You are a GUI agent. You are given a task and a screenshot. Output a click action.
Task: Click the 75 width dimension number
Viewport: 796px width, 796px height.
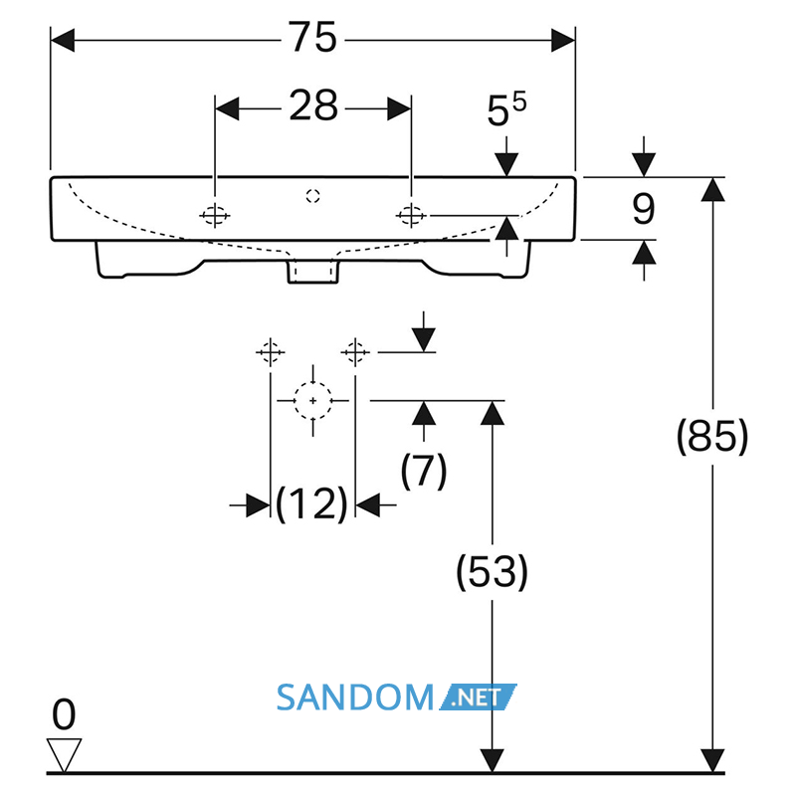pyautogui.click(x=312, y=37)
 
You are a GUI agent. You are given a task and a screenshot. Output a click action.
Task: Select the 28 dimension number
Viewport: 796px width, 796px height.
pyautogui.click(x=313, y=105)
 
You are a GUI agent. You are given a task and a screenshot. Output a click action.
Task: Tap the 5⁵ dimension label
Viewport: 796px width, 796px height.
pyautogui.click(x=506, y=109)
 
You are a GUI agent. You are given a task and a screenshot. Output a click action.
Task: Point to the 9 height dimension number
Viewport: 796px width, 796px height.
pyautogui.click(x=644, y=209)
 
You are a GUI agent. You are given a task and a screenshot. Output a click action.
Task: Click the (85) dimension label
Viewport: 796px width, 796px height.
pyautogui.click(x=712, y=436)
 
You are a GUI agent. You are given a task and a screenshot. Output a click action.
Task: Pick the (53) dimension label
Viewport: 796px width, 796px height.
pyautogui.click(x=492, y=572)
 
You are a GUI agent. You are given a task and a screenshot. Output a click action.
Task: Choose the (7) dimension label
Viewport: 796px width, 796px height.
pyautogui.click(x=424, y=471)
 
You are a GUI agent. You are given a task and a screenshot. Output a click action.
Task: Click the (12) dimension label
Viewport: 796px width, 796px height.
pyautogui.click(x=311, y=504)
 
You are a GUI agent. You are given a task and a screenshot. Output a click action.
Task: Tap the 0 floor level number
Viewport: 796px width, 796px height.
pyautogui.click(x=64, y=714)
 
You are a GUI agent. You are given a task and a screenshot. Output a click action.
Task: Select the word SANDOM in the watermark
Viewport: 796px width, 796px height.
pyautogui.click(x=355, y=697)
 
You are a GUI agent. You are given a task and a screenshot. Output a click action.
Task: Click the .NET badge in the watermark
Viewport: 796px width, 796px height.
pyautogui.click(x=478, y=697)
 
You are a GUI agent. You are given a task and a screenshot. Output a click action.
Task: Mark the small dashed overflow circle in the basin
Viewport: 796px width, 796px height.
pyautogui.click(x=313, y=196)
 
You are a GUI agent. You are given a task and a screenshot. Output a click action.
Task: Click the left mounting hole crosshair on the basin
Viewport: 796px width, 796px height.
pyautogui.click(x=215, y=216)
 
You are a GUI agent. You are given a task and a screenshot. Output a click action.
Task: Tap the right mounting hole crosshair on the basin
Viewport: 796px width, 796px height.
pyautogui.click(x=411, y=216)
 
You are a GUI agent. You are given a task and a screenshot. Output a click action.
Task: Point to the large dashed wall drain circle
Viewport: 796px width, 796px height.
pyautogui.click(x=313, y=401)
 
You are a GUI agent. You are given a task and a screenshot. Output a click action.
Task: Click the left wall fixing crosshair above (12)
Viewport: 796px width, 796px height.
pyautogui.click(x=270, y=352)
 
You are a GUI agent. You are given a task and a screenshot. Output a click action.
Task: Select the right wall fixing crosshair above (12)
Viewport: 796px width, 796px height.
pyautogui.click(x=355, y=352)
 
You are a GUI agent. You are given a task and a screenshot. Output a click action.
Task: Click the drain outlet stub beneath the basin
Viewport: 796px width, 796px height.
pyautogui.click(x=313, y=271)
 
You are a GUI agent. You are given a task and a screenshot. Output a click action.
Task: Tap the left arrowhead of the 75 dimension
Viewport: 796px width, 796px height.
pyautogui.click(x=63, y=40)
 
